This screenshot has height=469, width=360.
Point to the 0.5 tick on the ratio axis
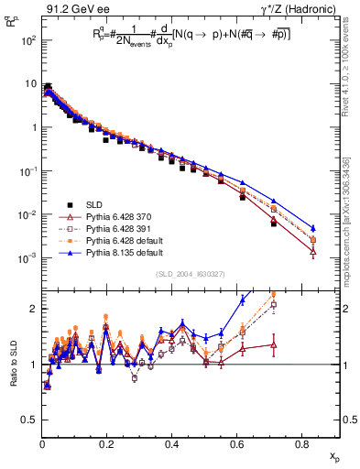point(31,420)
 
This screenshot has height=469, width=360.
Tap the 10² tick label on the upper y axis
point(29,41)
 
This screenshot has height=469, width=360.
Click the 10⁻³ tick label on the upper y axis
point(29,257)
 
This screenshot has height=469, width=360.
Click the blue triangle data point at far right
point(313,228)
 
